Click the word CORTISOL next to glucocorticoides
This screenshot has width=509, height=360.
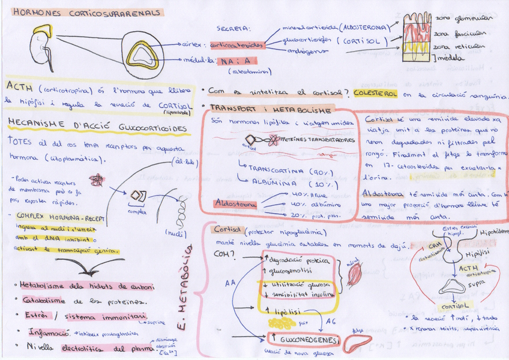click(x=361, y=41)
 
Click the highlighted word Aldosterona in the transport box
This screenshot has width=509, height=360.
click(x=236, y=204)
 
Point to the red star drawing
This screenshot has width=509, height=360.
click(x=95, y=180)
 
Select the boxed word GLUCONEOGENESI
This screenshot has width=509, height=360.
click(x=303, y=340)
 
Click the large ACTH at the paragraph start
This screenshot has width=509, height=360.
click(x=19, y=88)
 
